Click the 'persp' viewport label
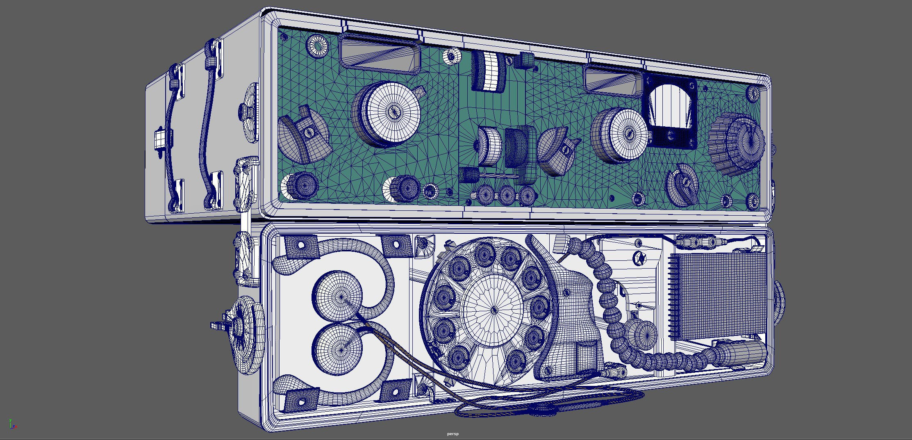coord(453,434)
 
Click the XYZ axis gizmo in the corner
coord(13,424)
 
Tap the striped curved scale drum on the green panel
coord(489,72)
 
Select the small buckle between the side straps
coord(160,139)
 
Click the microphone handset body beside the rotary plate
coord(574,312)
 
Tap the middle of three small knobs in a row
coord(506,195)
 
